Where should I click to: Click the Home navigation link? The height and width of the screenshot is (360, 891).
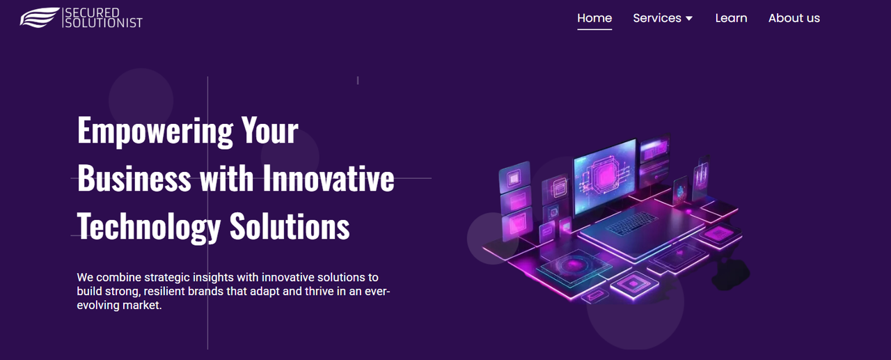click(x=594, y=18)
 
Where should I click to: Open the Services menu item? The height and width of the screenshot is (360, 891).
click(x=657, y=18)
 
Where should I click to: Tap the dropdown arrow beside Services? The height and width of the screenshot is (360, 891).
click(x=689, y=19)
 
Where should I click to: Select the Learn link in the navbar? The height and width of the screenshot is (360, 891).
click(x=731, y=18)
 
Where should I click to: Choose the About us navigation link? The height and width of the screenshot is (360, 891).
click(x=794, y=18)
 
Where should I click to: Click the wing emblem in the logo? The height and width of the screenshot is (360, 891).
click(x=40, y=17)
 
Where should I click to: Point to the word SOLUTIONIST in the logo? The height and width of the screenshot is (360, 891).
click(x=104, y=23)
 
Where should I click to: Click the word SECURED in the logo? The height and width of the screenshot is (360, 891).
click(x=92, y=13)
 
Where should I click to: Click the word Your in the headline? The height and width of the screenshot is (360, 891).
click(x=270, y=130)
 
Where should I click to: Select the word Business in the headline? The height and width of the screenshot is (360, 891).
click(x=134, y=178)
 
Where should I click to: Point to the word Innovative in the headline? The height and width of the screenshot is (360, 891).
click(x=328, y=178)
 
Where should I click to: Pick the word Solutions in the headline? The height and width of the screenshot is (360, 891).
click(x=290, y=226)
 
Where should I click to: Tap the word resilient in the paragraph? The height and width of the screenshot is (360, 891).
click(x=164, y=291)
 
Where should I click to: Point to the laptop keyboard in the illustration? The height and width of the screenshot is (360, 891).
click(x=631, y=224)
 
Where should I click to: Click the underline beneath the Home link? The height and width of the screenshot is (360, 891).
click(x=594, y=29)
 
